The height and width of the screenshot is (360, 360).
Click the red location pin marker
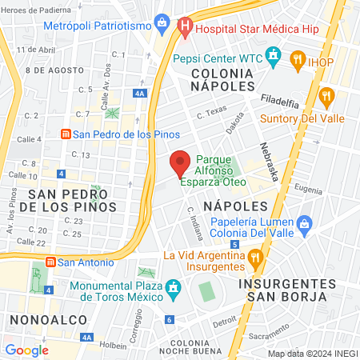pyautogui.click(x=180, y=162)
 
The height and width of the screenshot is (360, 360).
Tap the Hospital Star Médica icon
pyautogui.click(x=185, y=26)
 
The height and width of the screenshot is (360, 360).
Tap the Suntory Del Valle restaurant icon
pyautogui.click(x=326, y=98)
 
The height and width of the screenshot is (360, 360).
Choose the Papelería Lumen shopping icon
pyautogui.click(x=303, y=225)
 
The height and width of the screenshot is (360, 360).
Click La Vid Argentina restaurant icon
pyautogui.click(x=255, y=256)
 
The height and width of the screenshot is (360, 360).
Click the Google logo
pyautogui.click(x=26, y=350)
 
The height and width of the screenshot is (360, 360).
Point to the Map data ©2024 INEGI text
pyautogui.click(x=312, y=354)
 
